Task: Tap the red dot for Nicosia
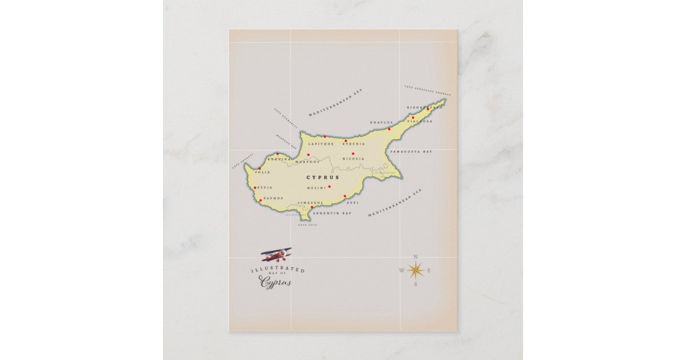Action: tap(353, 153)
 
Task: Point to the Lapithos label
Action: tap(320, 144)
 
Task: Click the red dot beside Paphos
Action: tap(261, 200)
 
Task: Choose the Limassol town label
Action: tap(311, 202)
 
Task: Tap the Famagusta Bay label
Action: tap(410, 152)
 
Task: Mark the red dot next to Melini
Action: tap(329, 186)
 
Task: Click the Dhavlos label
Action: tap(381, 122)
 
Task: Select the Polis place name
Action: tap(262, 172)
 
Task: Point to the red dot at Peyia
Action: tap(255, 187)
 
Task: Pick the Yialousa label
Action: tap(420, 121)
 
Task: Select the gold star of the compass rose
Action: tap(416, 270)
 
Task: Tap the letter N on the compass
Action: tap(416, 257)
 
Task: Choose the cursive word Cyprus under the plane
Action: tap(276, 282)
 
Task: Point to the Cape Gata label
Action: tap(308, 225)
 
